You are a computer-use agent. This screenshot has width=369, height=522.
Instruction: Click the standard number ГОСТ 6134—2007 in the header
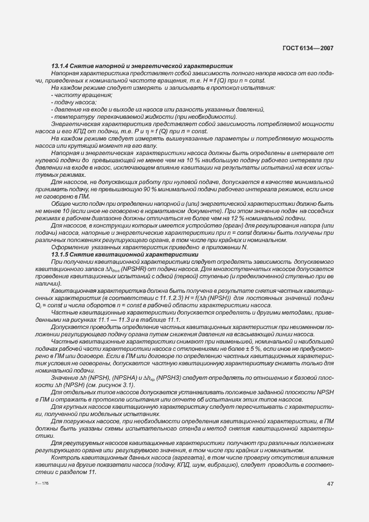(x=308, y=48)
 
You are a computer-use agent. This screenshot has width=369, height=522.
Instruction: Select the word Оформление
(x=69, y=247)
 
